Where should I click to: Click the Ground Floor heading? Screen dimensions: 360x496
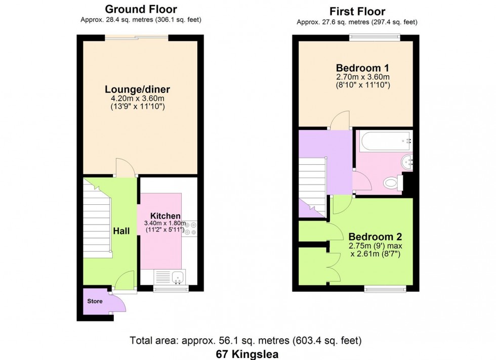point(141,9)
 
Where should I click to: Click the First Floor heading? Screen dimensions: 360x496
point(357,11)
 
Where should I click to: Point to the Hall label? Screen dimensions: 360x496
point(121,231)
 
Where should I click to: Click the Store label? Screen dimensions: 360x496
point(95,301)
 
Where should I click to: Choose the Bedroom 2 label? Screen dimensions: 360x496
point(375,237)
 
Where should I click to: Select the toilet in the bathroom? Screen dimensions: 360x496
point(391,183)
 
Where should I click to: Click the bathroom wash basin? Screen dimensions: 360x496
point(407,162)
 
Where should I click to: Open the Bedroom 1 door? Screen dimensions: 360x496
point(338,121)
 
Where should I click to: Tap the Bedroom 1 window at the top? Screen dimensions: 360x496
point(375,36)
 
